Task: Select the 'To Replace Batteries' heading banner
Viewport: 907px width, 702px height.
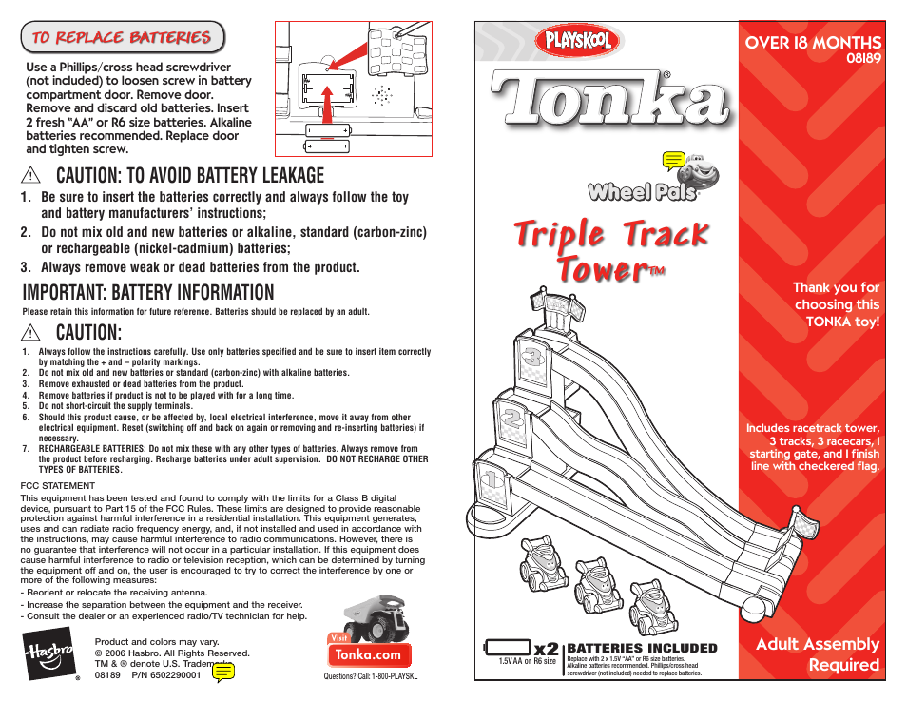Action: point(122,38)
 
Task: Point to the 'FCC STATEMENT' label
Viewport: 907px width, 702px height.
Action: point(58,485)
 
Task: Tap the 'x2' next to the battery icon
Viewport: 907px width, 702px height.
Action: point(546,648)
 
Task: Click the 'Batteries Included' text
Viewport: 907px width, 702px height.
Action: point(642,648)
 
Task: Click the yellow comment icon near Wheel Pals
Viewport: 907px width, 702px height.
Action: point(673,161)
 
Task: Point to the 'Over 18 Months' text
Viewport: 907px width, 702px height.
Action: point(813,42)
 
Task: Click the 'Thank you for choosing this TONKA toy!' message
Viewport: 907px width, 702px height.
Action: point(837,304)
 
